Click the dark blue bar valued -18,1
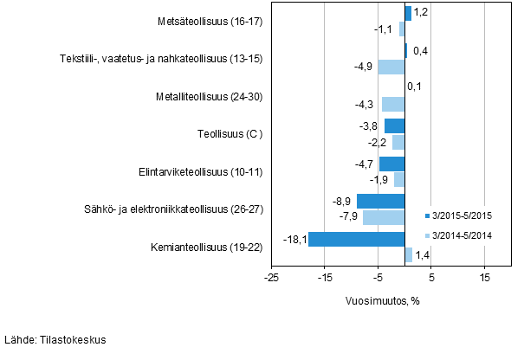pos(357,239)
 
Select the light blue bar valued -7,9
pos(384,217)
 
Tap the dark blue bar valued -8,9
pos(381,202)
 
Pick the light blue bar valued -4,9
pos(391,67)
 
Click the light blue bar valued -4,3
pos(393,105)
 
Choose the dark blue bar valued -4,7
pos(392,164)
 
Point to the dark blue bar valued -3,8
pos(395,126)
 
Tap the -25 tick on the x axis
pos(270,278)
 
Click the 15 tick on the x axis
pos(485,278)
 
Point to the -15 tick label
pos(324,278)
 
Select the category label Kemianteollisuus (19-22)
pos(199,247)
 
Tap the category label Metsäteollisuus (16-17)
pos(210,21)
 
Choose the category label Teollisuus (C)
pos(230,134)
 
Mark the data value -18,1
pos(294,239)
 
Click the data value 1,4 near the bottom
pos(422,255)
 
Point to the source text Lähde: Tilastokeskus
pos(55,340)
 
